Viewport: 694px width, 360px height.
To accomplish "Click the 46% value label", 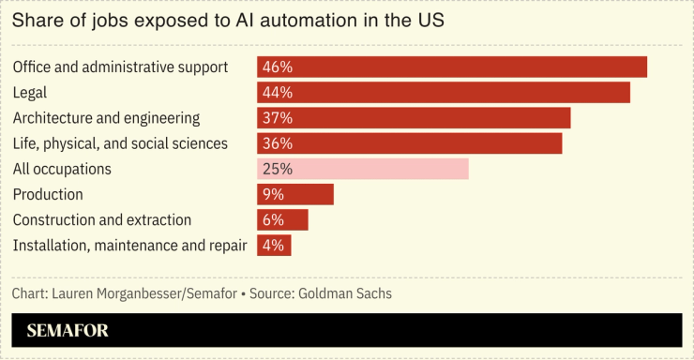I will tap(278, 67).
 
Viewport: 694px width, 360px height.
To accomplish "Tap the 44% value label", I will tap(278, 93).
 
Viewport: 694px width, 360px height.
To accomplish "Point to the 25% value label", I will tap(278, 169).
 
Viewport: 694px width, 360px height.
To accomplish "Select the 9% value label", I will tap(274, 194).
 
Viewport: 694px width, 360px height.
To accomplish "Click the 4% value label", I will tap(274, 245).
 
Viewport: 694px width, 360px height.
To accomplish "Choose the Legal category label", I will tap(30, 93).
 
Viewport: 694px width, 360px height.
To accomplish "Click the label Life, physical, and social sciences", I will tap(120, 143).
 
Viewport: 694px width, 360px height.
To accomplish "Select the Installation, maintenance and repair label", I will tap(129, 245).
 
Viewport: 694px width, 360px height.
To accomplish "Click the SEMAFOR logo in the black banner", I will tap(68, 330).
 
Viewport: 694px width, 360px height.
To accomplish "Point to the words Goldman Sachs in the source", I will tap(345, 293).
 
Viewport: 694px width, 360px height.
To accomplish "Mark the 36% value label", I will tap(278, 143).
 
